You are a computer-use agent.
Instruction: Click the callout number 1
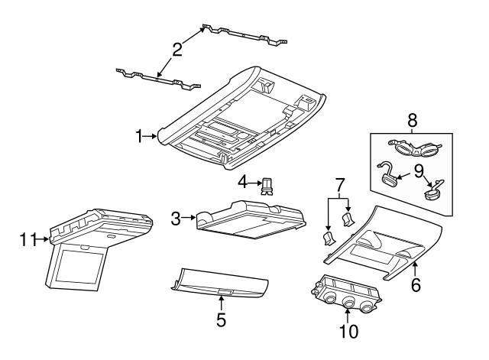click(x=140, y=137)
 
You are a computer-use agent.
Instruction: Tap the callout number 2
click(x=176, y=50)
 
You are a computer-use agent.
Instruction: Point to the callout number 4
click(x=243, y=183)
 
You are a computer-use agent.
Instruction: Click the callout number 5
click(x=221, y=320)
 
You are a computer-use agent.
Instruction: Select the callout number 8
click(x=412, y=120)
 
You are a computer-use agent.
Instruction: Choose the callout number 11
click(x=28, y=240)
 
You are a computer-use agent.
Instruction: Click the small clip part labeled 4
click(x=267, y=186)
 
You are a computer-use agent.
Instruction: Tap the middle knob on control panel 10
click(x=349, y=303)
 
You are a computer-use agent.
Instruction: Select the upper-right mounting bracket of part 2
click(x=244, y=34)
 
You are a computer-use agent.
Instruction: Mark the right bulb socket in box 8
click(x=436, y=190)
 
